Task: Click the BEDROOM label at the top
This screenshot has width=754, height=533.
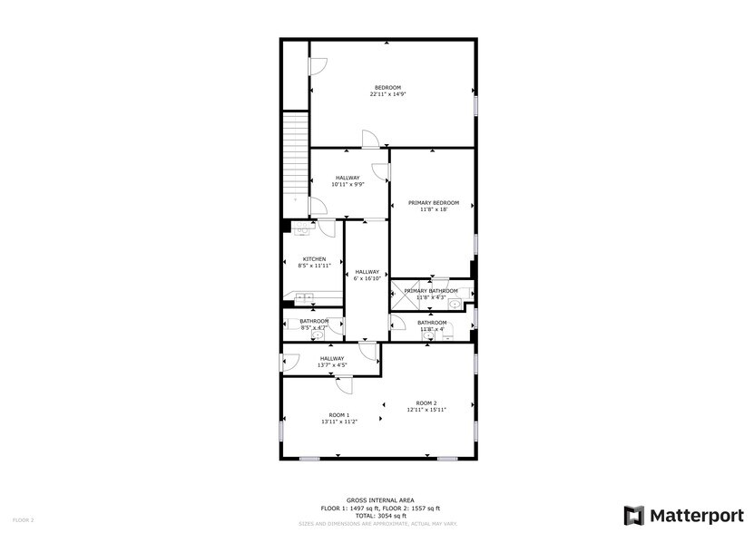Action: (387, 88)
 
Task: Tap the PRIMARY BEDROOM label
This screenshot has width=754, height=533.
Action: (433, 203)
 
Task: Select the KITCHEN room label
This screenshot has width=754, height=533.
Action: (314, 259)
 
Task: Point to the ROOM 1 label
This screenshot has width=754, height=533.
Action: (339, 415)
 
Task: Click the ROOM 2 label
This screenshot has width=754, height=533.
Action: (426, 403)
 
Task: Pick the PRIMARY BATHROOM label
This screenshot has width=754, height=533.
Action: (431, 291)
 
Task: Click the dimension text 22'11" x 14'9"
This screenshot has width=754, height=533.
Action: (387, 94)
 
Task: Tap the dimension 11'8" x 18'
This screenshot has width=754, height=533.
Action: (433, 209)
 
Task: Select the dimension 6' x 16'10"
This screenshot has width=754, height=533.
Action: (367, 278)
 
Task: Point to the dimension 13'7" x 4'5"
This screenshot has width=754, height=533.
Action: (332, 365)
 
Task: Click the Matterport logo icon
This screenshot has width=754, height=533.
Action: (633, 514)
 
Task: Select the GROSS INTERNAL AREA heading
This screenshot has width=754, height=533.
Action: (380, 500)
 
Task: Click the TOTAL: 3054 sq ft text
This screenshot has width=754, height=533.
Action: (380, 515)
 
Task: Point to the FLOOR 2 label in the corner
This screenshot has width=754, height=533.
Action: (24, 519)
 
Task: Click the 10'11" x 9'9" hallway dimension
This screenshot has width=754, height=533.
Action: (348, 184)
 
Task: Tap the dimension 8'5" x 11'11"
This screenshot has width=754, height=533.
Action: (314, 266)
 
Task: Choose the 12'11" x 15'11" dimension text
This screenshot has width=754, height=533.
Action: (426, 410)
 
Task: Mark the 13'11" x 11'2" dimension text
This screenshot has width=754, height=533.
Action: (339, 422)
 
